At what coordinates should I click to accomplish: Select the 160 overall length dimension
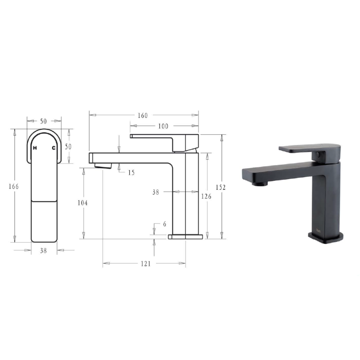pos(143,115)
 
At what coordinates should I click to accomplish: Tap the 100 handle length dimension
pos(163,126)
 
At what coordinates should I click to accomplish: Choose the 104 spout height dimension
pos(82,203)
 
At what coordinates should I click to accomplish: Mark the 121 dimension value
pos(145,263)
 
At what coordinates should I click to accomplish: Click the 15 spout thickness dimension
pos(131,172)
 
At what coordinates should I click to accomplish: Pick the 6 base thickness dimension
pos(164,224)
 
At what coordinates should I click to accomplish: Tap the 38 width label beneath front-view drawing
pos(43,250)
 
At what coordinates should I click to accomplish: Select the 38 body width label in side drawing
pos(155,192)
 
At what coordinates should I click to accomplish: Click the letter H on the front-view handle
pos(35,148)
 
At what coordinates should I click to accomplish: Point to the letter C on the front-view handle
pos(53,148)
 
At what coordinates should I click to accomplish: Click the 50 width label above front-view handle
pos(43,121)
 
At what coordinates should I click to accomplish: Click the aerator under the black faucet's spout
pos(259,184)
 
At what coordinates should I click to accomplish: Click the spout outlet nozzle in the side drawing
pos(103,165)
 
